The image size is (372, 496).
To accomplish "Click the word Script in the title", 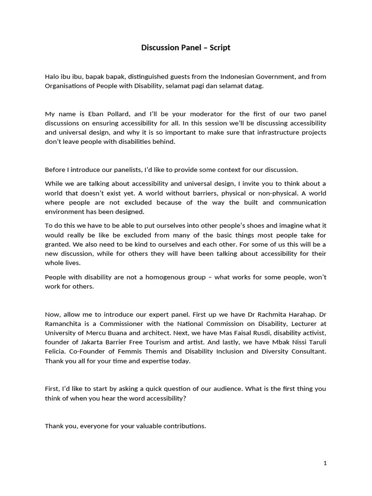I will click(x=220, y=47).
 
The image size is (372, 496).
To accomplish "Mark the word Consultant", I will click(x=308, y=352).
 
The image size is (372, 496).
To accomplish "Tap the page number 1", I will click(x=325, y=464).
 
